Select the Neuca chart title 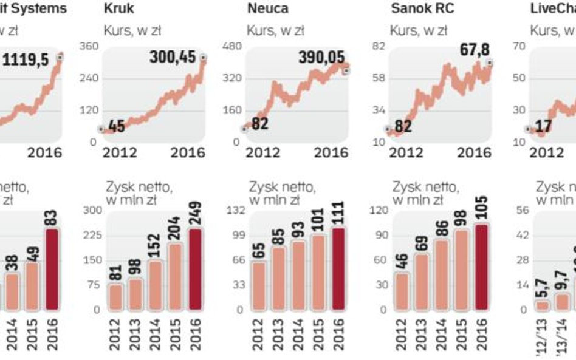(268, 9)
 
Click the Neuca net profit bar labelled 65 (259, 285)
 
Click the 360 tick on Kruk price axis (89, 46)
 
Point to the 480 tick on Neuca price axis (233, 46)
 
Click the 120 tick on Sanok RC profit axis (379, 210)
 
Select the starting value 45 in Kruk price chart (117, 126)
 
